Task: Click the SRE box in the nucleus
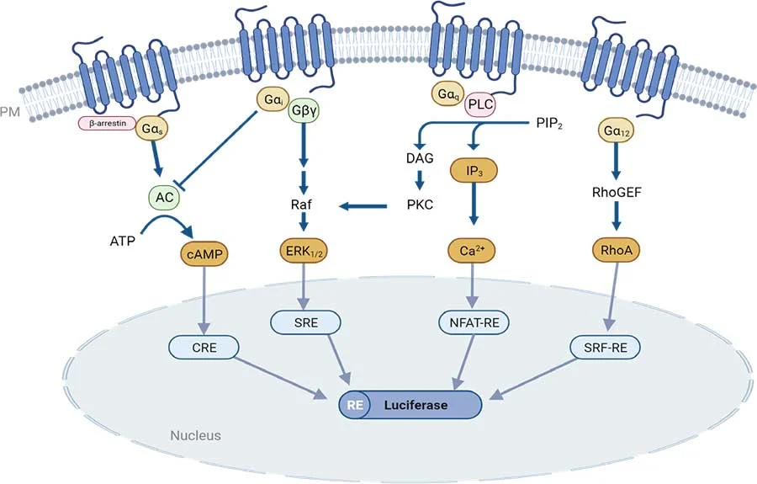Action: pyautogui.click(x=304, y=322)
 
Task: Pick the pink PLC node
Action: pyautogui.click(x=479, y=104)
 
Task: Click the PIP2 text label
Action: pyautogui.click(x=550, y=125)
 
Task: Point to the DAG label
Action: pyautogui.click(x=418, y=157)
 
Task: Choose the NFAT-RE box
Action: pyautogui.click(x=477, y=322)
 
